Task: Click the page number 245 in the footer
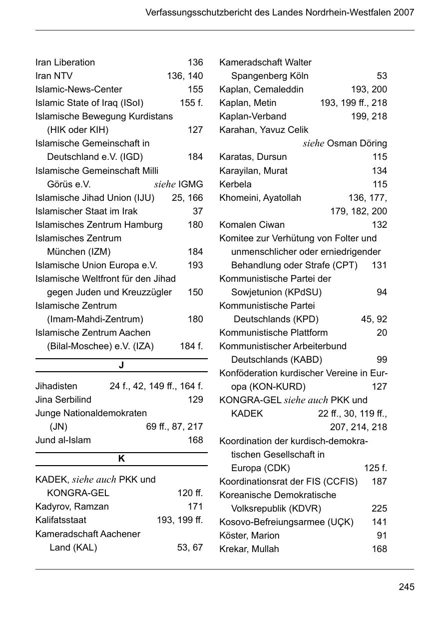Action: click(406, 587)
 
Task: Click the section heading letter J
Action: click(121, 365)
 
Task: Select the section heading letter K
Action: click(121, 459)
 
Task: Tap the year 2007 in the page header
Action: click(404, 12)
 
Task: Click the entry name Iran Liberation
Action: click(65, 62)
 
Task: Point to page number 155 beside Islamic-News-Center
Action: click(195, 89)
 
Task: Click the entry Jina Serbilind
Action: click(63, 400)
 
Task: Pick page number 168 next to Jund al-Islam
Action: click(195, 440)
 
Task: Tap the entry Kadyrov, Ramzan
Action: click(72, 507)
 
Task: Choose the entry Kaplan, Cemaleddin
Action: click(261, 89)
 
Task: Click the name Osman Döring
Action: click(357, 143)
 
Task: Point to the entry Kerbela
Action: click(235, 184)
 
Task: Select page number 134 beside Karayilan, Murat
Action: click(379, 170)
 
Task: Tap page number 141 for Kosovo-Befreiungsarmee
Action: click(379, 522)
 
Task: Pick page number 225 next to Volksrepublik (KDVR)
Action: click(379, 509)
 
